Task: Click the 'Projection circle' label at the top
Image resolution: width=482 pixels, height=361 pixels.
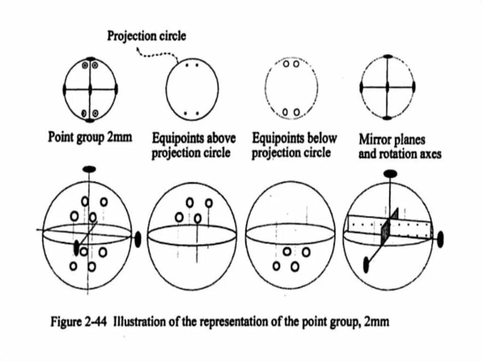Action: click(x=146, y=36)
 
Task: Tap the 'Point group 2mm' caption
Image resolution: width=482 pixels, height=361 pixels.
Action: click(x=90, y=137)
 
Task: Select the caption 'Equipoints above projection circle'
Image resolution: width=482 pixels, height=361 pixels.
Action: click(x=193, y=145)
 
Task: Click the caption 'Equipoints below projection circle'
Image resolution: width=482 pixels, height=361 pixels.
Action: click(x=294, y=145)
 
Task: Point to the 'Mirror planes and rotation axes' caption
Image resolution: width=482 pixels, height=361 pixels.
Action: click(x=400, y=146)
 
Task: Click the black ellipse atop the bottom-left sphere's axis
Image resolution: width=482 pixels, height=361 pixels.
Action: click(x=88, y=169)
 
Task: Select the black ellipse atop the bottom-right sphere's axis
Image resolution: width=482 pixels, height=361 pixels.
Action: click(x=390, y=174)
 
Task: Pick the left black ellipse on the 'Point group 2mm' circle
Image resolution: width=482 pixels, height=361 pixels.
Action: click(x=64, y=88)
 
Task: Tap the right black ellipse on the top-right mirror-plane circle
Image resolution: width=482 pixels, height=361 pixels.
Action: click(x=414, y=87)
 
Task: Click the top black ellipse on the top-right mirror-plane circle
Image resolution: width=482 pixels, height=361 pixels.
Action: click(x=387, y=57)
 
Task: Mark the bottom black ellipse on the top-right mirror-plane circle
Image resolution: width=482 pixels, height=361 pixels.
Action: click(x=387, y=118)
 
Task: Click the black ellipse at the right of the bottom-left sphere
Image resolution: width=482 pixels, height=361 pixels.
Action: click(x=138, y=240)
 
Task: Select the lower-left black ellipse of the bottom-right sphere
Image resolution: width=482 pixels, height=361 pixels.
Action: click(x=367, y=265)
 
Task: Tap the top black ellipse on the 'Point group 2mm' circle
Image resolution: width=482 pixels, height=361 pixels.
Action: click(x=90, y=58)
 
